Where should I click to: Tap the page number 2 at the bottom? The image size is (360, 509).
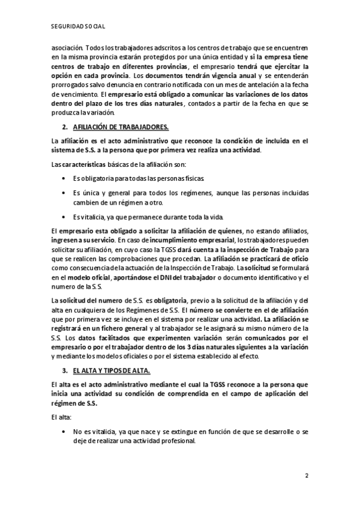[306, 476]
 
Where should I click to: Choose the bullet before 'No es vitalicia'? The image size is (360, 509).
[64, 431]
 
